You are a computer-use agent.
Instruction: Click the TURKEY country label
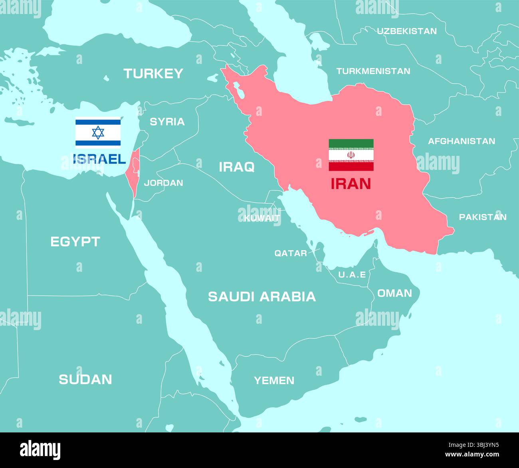(153, 74)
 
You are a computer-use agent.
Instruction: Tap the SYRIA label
(167, 121)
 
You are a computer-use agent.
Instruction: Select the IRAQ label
(236, 167)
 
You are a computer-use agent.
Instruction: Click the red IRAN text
(351, 183)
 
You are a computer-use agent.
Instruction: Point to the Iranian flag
(351, 155)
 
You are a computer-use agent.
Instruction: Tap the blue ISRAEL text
(100, 159)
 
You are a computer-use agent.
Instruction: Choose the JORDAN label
(163, 183)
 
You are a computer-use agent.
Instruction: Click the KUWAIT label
(262, 218)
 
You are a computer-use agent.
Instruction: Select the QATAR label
(290, 253)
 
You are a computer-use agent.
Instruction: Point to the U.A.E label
(352, 275)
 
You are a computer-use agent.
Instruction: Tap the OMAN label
(394, 293)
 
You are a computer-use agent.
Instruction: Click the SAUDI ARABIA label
(262, 297)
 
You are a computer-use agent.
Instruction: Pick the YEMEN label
(274, 380)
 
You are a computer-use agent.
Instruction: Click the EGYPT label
(75, 241)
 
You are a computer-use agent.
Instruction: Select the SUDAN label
(85, 379)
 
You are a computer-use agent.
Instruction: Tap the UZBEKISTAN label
(407, 31)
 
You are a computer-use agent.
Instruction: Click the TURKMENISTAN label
(373, 71)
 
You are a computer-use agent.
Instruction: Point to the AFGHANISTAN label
(461, 141)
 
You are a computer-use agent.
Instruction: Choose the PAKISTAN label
(482, 217)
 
